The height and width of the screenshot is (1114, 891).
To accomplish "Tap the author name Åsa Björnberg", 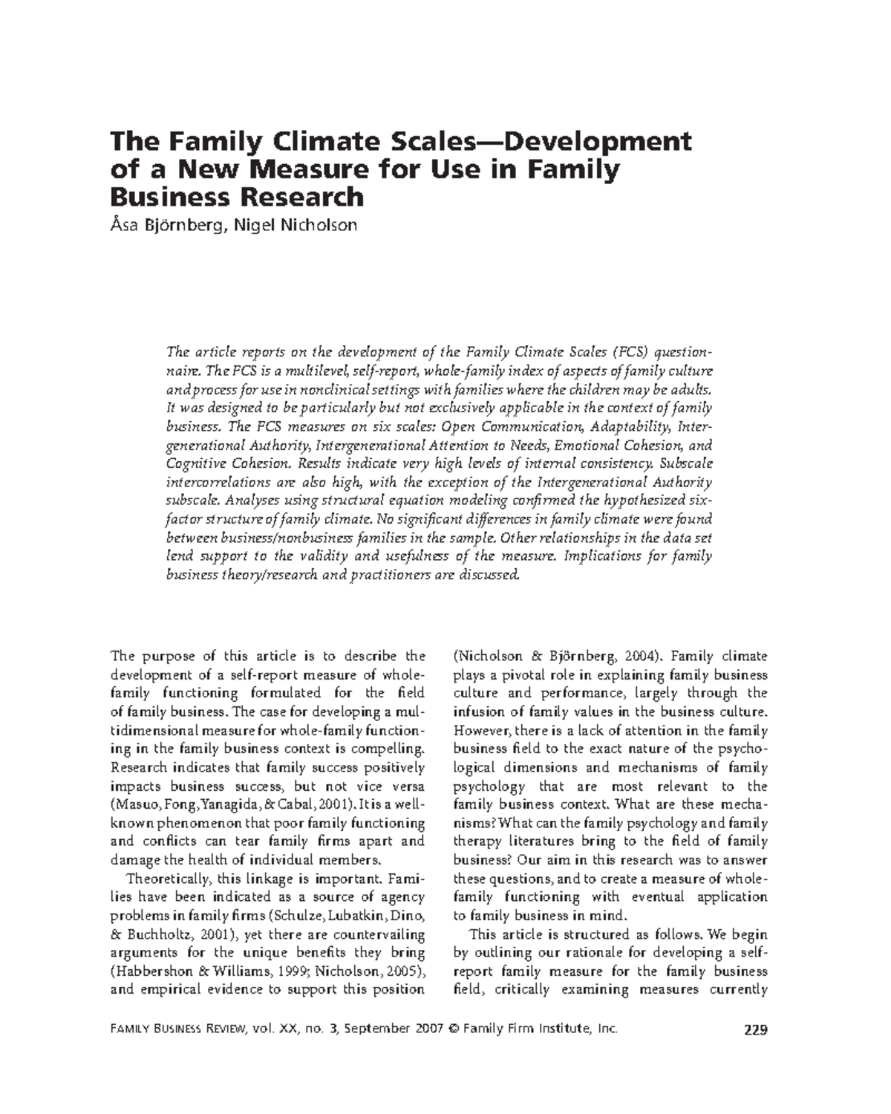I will (x=168, y=224).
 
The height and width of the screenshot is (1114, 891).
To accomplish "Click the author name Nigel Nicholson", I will (x=296, y=224).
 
